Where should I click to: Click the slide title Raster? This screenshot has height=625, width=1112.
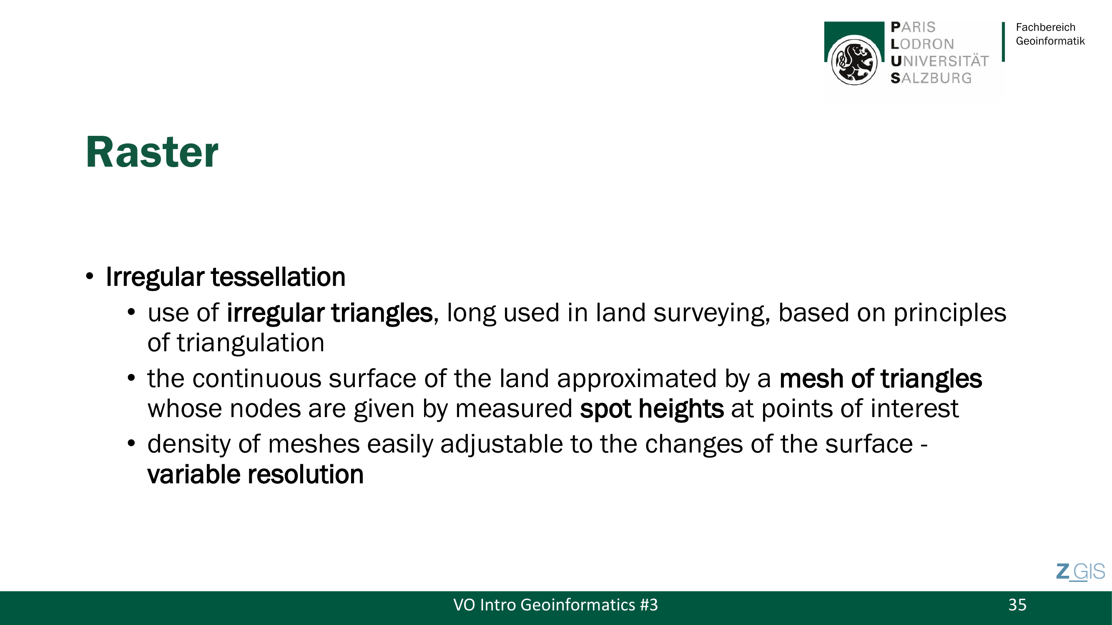coord(152,152)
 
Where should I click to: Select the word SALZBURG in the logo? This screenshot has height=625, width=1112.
coord(931,78)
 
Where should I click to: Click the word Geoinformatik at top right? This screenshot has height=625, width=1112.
coord(1050,41)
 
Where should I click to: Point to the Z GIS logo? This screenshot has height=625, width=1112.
coord(1080,572)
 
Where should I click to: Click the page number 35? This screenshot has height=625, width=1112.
coord(1017,605)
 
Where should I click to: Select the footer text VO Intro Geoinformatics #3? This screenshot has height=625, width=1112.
coord(555,605)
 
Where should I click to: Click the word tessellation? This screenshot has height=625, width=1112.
coord(278,277)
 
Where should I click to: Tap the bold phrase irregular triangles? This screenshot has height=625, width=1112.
coord(329,313)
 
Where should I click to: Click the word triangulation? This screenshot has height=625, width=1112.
coord(250,343)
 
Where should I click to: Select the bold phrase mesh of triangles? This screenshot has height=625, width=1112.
coord(881,379)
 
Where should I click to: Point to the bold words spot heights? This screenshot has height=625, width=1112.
coord(652,409)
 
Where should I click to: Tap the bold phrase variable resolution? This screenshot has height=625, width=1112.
coord(256,475)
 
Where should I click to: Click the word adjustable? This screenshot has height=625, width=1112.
coord(501,445)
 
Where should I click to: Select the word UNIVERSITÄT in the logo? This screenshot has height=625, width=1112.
coord(939,61)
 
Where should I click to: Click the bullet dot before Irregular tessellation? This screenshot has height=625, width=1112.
coord(89,277)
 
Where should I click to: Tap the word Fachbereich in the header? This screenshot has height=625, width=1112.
coord(1046,27)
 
